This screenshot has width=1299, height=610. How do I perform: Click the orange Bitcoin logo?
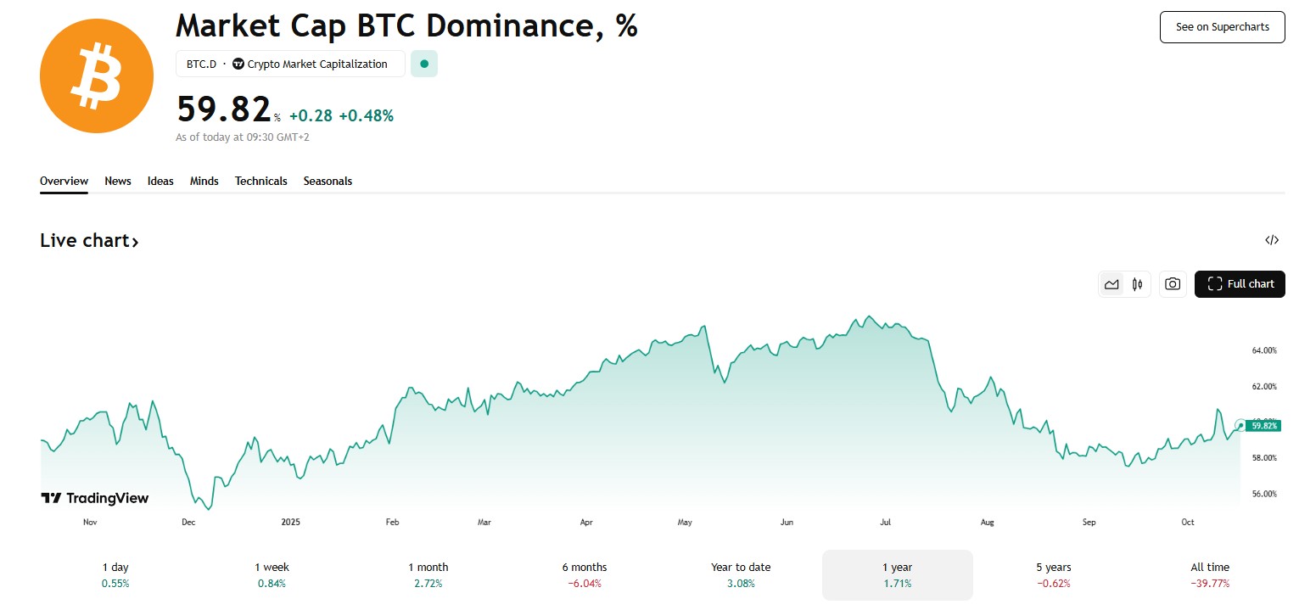point(96,76)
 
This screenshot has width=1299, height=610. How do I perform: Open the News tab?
point(118,181)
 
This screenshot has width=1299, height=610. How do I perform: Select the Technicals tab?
point(260,181)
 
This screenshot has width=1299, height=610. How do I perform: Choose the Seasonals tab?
point(328,181)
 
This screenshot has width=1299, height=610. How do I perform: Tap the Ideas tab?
point(160,181)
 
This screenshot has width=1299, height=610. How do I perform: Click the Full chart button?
point(1240,284)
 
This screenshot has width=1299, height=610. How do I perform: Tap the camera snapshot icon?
point(1173,284)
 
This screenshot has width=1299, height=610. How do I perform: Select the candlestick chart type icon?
point(1137,284)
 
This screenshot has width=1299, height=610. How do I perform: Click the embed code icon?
point(1271,240)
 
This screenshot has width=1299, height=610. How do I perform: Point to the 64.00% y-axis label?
point(1264,350)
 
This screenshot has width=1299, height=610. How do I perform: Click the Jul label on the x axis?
point(885,523)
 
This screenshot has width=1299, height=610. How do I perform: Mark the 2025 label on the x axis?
point(290,523)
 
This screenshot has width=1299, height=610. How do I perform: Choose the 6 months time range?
point(585,574)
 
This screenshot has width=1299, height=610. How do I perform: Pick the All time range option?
point(1210,574)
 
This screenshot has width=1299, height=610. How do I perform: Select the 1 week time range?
point(272,574)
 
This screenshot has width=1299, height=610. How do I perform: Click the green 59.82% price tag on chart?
point(1263,426)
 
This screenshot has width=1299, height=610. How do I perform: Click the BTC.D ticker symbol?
point(201,64)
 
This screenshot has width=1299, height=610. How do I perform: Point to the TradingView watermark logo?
point(94,498)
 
